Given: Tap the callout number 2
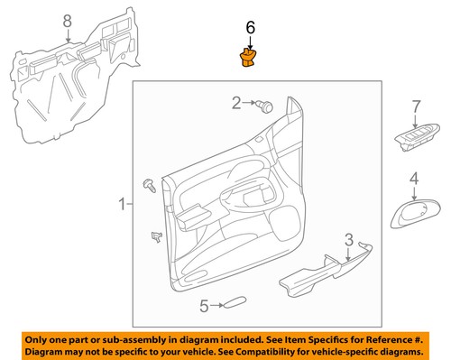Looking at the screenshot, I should click(235, 104).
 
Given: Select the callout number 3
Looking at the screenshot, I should click(347, 239).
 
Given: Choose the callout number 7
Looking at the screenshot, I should click(416, 107).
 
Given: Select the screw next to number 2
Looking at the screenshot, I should click(265, 106).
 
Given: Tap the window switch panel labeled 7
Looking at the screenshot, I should click(413, 142).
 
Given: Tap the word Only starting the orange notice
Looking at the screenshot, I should click(39, 337).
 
